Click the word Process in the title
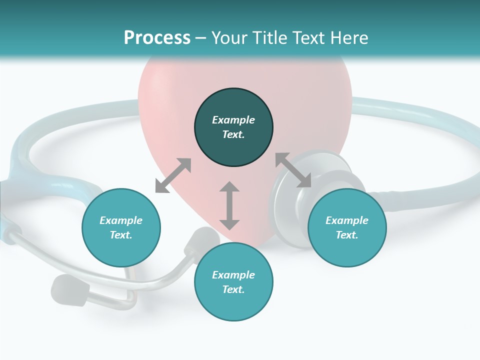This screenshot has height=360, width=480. coord(157,38)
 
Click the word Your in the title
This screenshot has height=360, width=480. coord(229,38)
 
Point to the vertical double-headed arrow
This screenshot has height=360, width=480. coord(229,205)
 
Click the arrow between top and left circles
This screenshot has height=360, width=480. coord(173,175)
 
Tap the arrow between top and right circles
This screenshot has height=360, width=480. coord(293,170)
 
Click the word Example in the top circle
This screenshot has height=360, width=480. coord(233,120)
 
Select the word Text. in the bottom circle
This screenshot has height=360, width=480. coord(233,289)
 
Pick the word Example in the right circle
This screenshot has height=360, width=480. coord(347,220)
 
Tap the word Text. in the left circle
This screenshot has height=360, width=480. coord(121,235)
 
